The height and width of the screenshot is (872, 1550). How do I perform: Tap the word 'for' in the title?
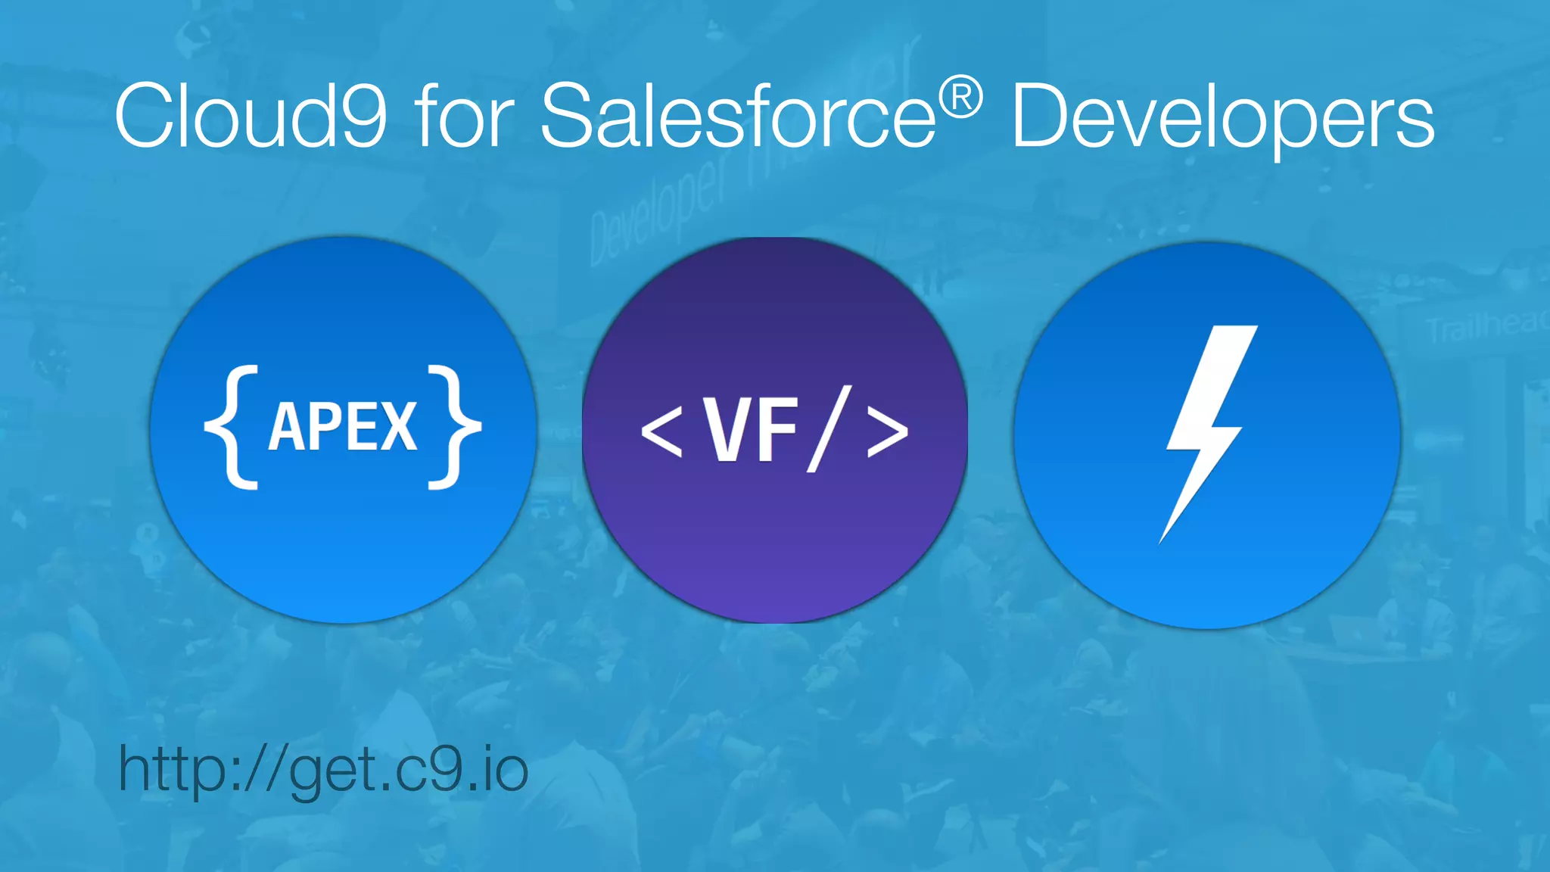[x=464, y=115]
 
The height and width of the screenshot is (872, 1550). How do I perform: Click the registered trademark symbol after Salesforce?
[x=960, y=98]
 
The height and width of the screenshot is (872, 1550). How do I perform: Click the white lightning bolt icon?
[x=1206, y=431]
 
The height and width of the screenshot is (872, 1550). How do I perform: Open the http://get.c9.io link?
[x=323, y=770]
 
